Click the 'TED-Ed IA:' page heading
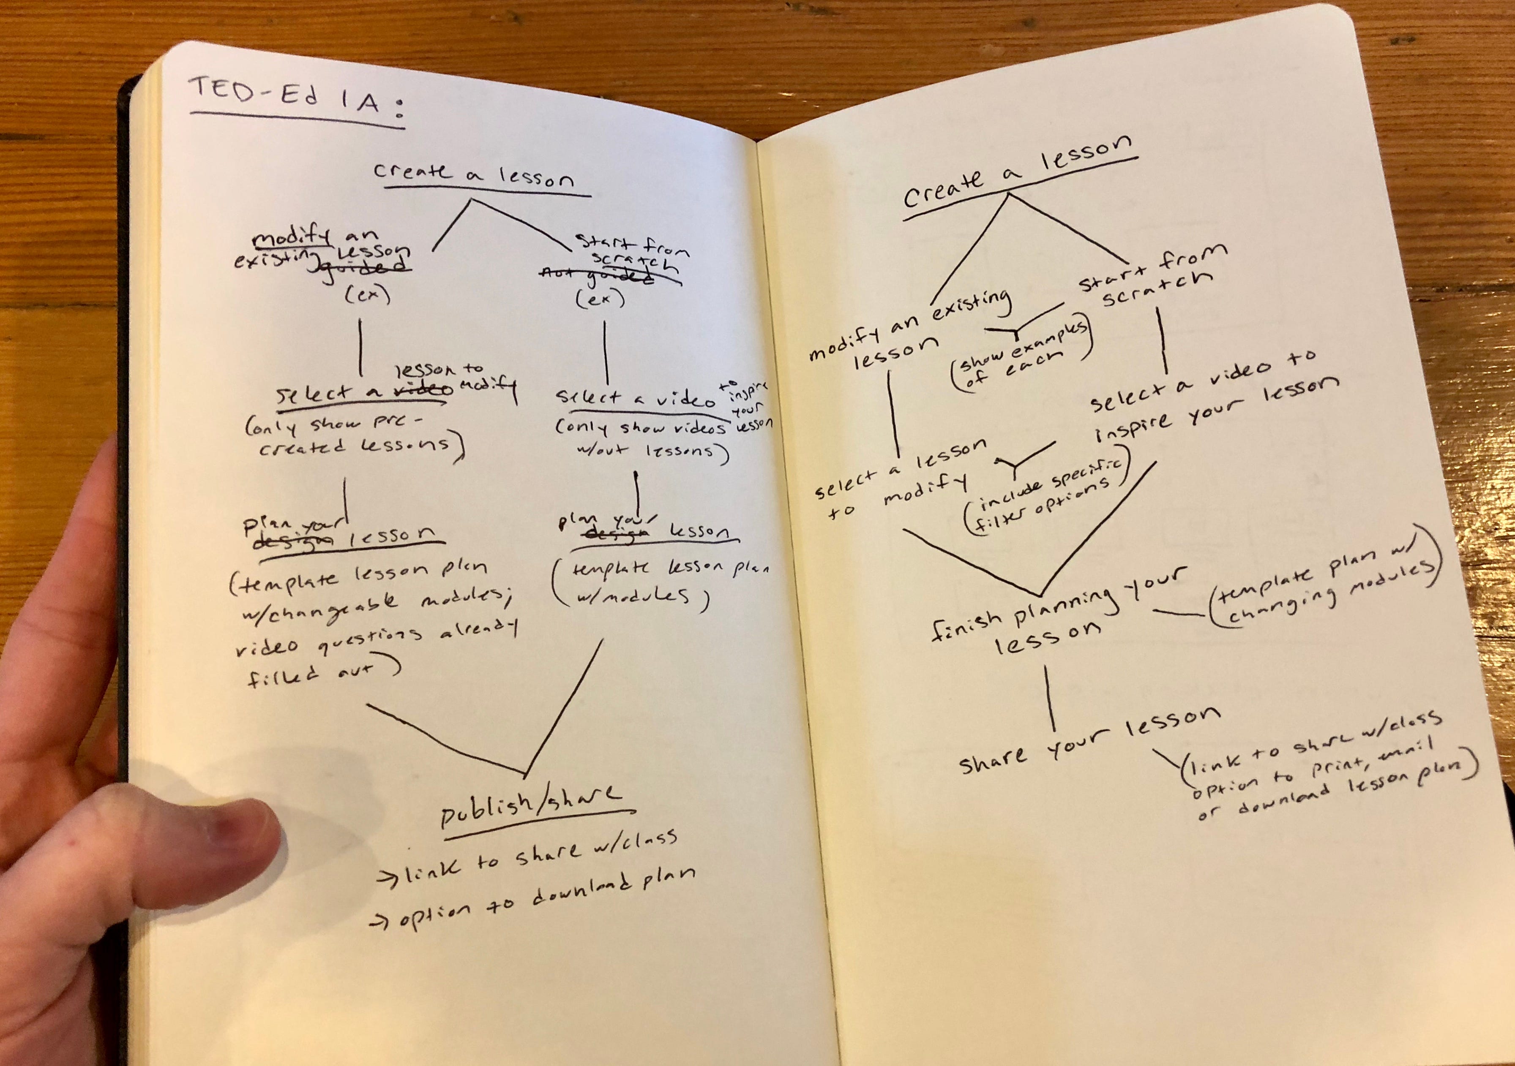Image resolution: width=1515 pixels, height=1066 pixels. [x=295, y=98]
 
